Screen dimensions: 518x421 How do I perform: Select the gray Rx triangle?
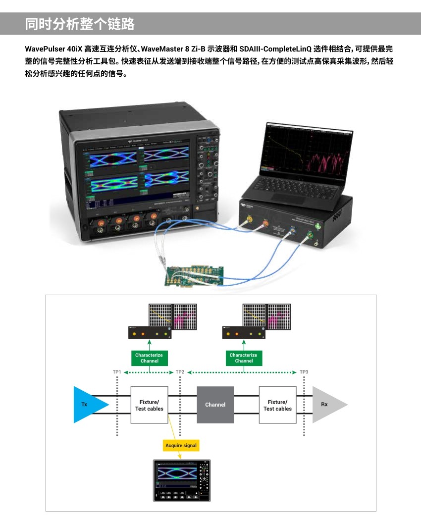pyautogui.click(x=327, y=405)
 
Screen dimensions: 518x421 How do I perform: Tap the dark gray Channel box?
pyautogui.click(x=215, y=405)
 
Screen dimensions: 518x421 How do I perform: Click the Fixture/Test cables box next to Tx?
pyautogui.click(x=149, y=405)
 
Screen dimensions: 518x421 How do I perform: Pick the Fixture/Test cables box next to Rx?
pyautogui.click(x=277, y=405)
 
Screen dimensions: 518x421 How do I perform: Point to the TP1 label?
pyautogui.click(x=117, y=372)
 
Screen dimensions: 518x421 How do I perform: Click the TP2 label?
pyautogui.click(x=180, y=372)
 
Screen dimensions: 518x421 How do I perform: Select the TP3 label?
pyautogui.click(x=304, y=372)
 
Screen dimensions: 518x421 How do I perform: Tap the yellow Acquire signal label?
pyautogui.click(x=181, y=446)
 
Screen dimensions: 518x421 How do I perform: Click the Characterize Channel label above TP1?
pyautogui.click(x=149, y=358)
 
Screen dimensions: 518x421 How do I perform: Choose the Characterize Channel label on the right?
pyautogui.click(x=244, y=358)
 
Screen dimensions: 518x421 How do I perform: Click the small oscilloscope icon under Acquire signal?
pyautogui.click(x=182, y=481)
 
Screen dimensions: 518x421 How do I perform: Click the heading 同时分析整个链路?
pyautogui.click(x=80, y=24)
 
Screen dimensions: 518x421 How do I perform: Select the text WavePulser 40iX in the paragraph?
pyautogui.click(x=53, y=49)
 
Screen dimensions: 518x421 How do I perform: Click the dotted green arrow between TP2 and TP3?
pyautogui.click(x=243, y=372)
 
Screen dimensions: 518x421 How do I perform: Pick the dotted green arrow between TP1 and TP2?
pyautogui.click(x=149, y=372)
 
